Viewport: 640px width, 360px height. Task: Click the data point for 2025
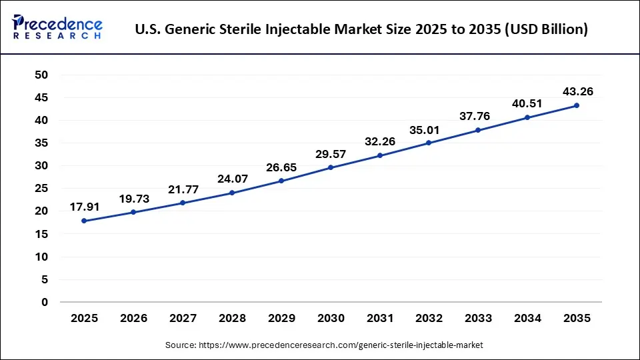coord(84,221)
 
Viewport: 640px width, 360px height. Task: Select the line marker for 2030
coord(331,167)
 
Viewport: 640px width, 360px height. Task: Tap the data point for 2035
coord(577,105)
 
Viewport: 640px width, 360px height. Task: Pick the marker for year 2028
coord(232,193)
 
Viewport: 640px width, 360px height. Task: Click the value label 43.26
coord(577,91)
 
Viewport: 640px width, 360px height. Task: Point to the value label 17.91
coord(84,207)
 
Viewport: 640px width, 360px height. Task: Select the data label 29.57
coord(331,154)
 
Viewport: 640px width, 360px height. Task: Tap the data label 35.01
coord(429,129)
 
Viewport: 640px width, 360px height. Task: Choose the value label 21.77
coord(183,189)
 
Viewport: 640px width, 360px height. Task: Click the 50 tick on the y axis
coord(41,75)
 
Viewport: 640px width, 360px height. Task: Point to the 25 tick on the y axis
coord(41,189)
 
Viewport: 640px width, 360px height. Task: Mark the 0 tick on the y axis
coord(45,302)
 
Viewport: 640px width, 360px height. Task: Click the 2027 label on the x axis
coord(183,319)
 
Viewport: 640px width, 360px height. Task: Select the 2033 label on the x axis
coord(478,319)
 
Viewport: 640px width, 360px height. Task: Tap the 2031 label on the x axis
coord(380,319)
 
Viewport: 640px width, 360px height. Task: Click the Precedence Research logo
coord(57,27)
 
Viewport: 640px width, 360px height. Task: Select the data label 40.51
coord(527,103)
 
